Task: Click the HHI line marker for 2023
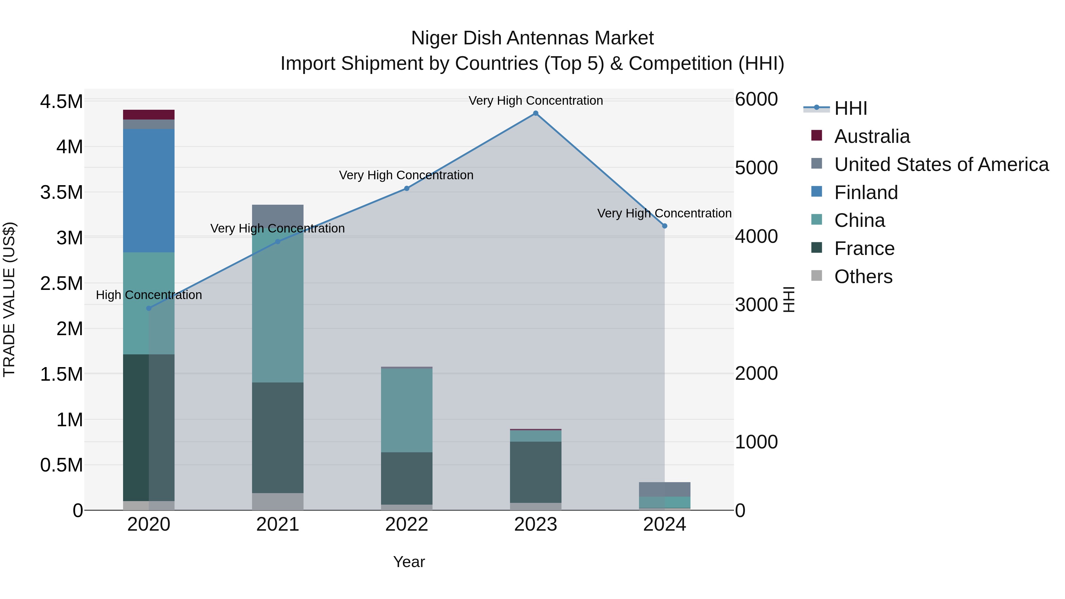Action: coord(535,113)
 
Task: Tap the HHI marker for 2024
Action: coord(664,226)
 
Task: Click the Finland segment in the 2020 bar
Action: coord(149,190)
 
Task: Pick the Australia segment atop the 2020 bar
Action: coord(149,114)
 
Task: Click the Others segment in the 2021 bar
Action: coord(277,501)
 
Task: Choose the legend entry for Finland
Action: coord(866,193)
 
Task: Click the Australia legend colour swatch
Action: coord(816,135)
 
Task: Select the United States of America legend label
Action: coord(941,164)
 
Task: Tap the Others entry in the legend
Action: coord(863,277)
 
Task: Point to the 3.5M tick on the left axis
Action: coord(62,193)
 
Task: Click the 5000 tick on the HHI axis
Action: coord(756,168)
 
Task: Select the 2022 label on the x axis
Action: coord(406,524)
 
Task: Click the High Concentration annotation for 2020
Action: coord(149,295)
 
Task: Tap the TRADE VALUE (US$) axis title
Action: coord(9,299)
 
